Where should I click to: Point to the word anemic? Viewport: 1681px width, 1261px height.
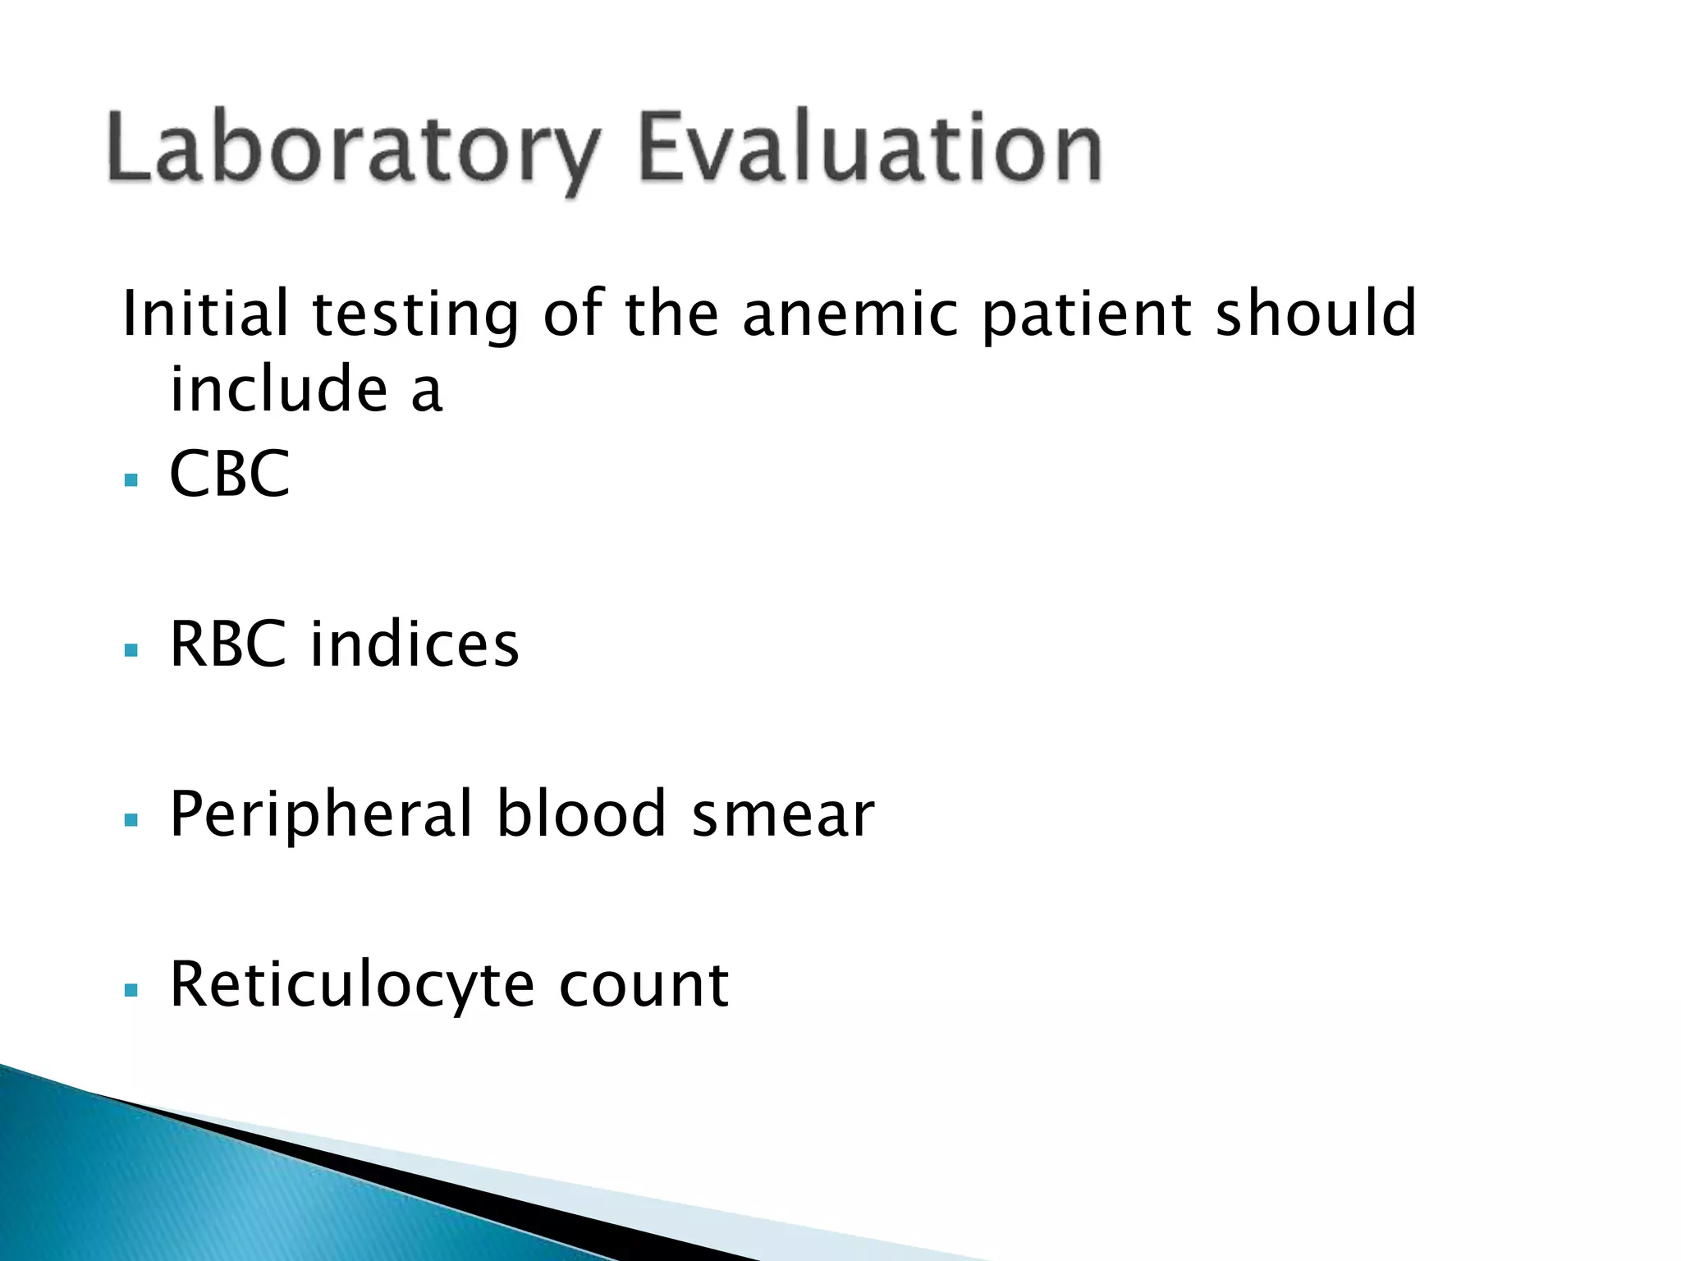(x=850, y=314)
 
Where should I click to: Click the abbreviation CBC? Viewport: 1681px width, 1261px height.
(x=230, y=474)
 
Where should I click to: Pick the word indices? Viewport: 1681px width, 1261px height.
(x=415, y=644)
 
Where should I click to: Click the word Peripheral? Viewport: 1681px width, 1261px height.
(x=321, y=815)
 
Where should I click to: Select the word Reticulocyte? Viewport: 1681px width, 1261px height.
(x=352, y=986)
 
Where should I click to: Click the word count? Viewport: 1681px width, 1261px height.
(x=644, y=986)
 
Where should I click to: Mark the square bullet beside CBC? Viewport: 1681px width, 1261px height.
(x=131, y=479)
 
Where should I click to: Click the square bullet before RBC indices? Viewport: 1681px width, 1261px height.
(x=131, y=650)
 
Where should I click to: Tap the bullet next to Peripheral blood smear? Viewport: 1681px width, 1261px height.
(x=131, y=820)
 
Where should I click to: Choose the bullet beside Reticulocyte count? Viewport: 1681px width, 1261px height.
(x=131, y=990)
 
